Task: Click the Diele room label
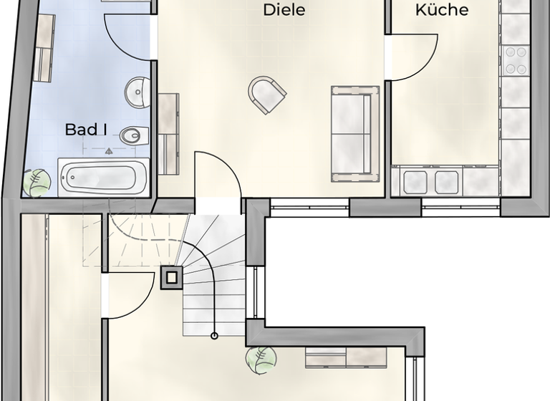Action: [x=284, y=10]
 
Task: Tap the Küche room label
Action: [x=442, y=10]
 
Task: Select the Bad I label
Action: [x=86, y=130]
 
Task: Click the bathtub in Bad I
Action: [x=103, y=176]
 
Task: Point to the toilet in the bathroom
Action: [x=133, y=135]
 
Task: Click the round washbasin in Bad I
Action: [x=137, y=91]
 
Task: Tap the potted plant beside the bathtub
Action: [x=36, y=182]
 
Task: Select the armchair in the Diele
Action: [x=266, y=94]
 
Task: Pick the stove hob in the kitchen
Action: [x=515, y=60]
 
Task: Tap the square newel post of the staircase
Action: [x=170, y=277]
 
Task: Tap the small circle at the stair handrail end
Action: [x=214, y=335]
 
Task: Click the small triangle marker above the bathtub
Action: [x=109, y=151]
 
